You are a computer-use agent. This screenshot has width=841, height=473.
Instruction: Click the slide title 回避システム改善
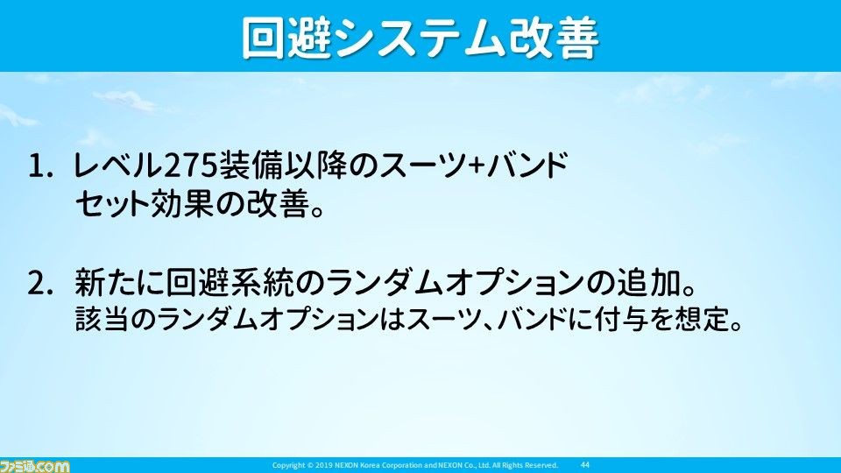tap(420, 38)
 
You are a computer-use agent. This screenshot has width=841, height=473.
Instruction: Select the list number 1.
tap(40, 166)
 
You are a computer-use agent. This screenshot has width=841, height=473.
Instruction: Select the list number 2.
tap(40, 284)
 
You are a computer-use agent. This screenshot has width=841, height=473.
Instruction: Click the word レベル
tap(117, 166)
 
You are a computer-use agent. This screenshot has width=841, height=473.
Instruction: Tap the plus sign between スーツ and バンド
tap(476, 166)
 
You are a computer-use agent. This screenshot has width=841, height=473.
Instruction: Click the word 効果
tap(181, 204)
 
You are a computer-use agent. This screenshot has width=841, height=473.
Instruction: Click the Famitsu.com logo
tap(35, 466)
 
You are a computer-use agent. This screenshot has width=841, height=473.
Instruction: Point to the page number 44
tap(585, 465)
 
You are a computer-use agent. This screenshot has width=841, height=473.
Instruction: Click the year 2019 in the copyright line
tap(325, 465)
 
